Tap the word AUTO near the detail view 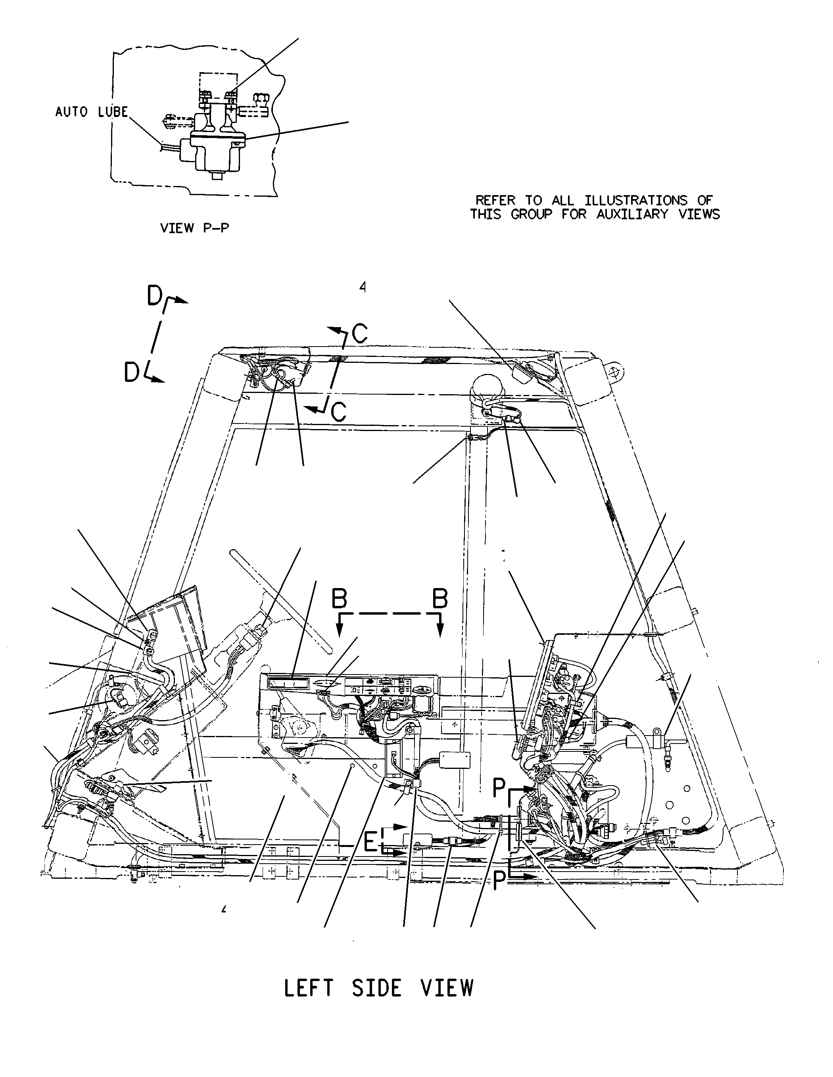point(71,112)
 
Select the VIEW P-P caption point(195,228)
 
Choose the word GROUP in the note point(531,214)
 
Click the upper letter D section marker point(155,296)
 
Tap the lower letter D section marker point(132,373)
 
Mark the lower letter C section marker point(338,412)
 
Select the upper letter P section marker point(499,788)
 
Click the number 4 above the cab point(363,287)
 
